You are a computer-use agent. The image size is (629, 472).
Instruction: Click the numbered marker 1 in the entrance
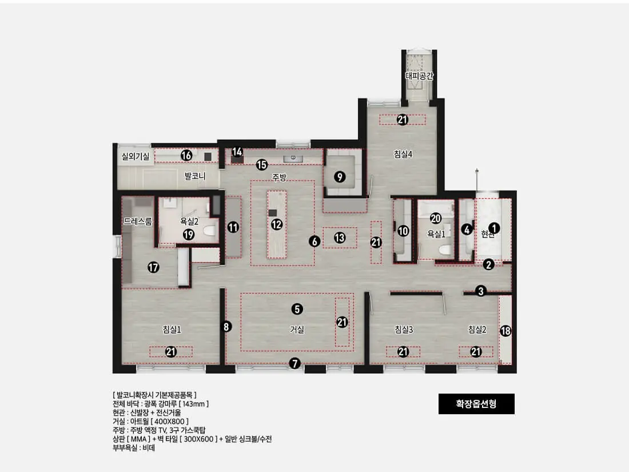[x=494, y=228]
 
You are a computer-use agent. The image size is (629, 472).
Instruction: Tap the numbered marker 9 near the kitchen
[x=340, y=177]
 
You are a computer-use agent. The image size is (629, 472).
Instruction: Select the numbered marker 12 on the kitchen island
[x=276, y=224]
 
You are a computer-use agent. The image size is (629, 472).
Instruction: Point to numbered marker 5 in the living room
[x=297, y=309]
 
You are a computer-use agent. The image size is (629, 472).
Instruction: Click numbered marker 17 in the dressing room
[x=153, y=267]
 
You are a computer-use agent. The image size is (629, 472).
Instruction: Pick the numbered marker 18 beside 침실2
[x=505, y=331]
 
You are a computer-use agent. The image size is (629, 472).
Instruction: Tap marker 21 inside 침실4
[x=403, y=120]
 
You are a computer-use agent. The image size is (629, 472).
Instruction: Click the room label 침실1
[x=172, y=330]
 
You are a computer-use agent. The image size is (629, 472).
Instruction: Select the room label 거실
[x=297, y=330]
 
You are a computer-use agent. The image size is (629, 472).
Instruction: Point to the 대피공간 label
[x=419, y=76]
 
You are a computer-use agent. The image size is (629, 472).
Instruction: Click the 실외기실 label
[x=136, y=156]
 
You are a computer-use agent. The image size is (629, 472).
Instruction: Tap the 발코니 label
[x=195, y=176]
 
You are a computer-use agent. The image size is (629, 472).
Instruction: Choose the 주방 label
[x=279, y=177]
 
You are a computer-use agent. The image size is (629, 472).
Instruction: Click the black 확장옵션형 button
[x=476, y=404]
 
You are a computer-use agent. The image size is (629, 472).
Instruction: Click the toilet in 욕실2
[x=209, y=231]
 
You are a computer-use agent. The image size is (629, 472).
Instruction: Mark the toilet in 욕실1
[x=444, y=250]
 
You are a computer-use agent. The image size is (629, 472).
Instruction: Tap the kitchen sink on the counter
[x=293, y=158]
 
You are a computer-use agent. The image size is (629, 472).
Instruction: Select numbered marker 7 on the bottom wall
[x=295, y=364]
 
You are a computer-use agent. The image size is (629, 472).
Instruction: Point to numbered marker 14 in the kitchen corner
[x=237, y=152]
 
